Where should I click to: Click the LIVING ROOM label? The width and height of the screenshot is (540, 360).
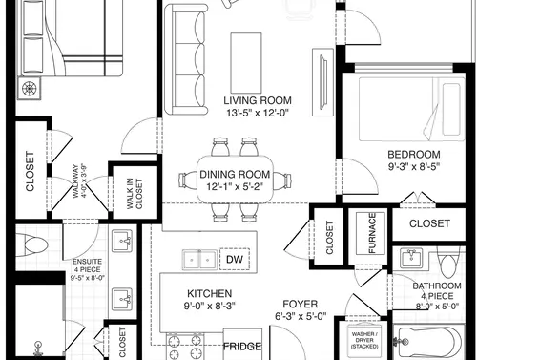point(258,100)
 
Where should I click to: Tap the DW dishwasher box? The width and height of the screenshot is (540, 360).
point(235,259)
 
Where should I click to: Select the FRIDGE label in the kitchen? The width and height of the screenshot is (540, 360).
point(242,347)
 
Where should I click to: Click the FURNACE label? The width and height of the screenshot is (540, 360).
point(371,233)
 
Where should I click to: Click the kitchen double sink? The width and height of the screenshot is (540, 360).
point(199,260)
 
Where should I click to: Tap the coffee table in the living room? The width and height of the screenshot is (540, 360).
point(246,63)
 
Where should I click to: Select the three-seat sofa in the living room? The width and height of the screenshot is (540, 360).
point(186,59)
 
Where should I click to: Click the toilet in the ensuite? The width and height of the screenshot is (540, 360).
point(32,244)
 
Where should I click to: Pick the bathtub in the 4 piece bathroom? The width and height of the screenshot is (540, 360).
point(428,342)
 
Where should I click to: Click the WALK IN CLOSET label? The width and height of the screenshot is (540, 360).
point(135,194)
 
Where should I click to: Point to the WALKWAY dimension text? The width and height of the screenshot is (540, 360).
point(79,180)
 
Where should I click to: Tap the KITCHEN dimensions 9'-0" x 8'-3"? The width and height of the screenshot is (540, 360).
point(209,306)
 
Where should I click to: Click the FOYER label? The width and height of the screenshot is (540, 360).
point(301,304)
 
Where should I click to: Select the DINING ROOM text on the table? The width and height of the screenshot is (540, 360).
point(235,174)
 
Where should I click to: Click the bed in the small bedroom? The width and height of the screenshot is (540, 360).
point(411,109)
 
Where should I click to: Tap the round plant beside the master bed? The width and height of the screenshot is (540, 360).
point(29,89)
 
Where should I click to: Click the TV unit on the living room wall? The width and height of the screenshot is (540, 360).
point(323,82)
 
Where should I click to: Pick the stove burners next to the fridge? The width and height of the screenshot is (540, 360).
point(185,347)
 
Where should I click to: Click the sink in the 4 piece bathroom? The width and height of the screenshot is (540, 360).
point(411,258)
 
